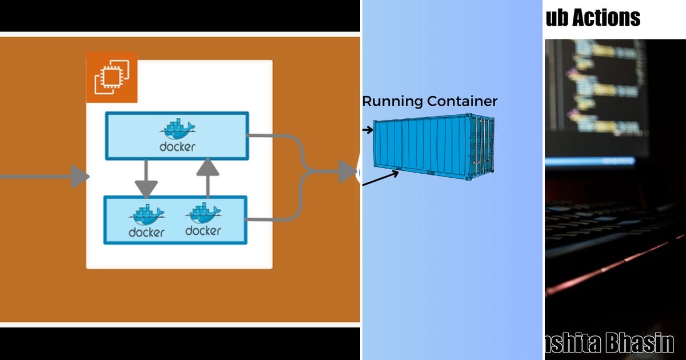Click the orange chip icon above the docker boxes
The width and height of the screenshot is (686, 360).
[x=111, y=77]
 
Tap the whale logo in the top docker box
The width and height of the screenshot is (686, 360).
[x=178, y=129]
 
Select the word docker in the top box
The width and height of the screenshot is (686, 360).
[x=177, y=146]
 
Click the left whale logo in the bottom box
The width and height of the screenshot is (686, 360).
[x=147, y=215]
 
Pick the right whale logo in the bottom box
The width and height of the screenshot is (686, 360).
[x=202, y=214]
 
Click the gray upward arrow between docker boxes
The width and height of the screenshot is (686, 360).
[x=208, y=176]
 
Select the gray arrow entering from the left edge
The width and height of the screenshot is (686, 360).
[x=46, y=177]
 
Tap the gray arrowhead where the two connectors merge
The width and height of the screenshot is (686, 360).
[x=346, y=171]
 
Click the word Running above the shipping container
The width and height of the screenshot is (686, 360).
[x=393, y=102]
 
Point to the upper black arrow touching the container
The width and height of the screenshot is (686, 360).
[x=367, y=130]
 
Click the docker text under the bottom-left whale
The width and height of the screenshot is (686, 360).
[x=146, y=232]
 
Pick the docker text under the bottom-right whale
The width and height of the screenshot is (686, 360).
[x=203, y=231]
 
